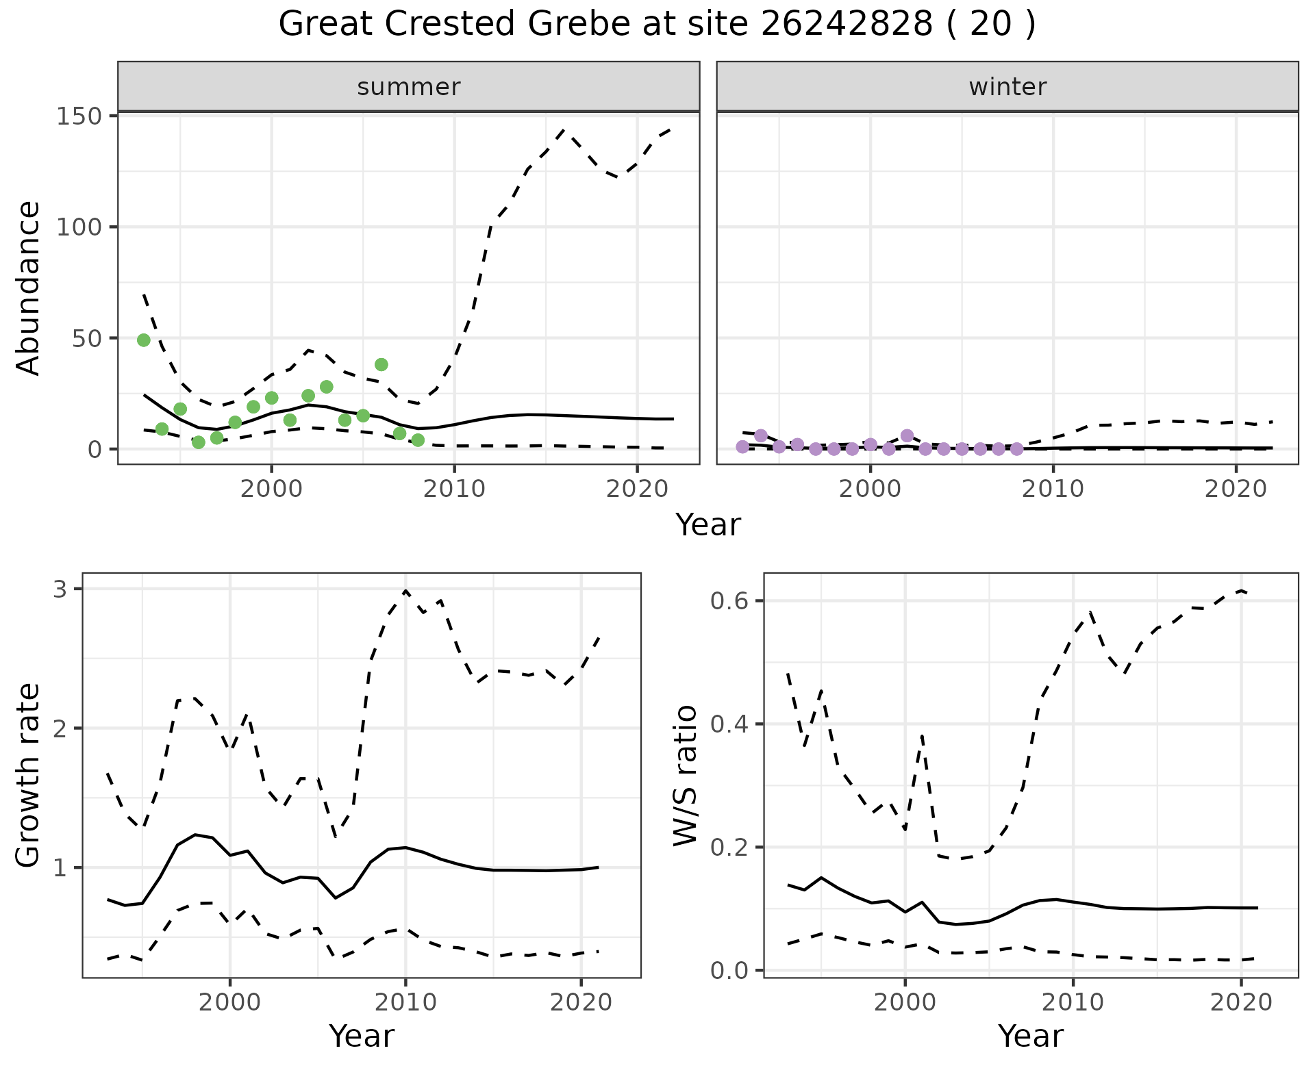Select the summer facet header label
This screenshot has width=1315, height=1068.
pos(409,87)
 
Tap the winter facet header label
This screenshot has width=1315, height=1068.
pos(1007,87)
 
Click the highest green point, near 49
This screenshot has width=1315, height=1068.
pos(144,340)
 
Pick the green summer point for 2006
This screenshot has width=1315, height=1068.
pos(381,364)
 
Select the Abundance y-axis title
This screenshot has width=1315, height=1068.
pos(29,288)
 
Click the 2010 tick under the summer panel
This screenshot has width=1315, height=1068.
pos(454,489)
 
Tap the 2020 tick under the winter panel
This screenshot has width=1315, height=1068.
pos(1236,489)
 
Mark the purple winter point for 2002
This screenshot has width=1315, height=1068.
pos(907,435)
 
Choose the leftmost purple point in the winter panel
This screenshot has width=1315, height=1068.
pos(742,447)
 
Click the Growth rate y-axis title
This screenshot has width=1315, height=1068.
pos(29,776)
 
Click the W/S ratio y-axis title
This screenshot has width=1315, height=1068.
pos(685,776)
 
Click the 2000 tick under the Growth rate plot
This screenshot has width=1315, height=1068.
pos(230,1003)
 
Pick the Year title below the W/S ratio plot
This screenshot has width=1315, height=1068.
pos(1031,1036)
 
